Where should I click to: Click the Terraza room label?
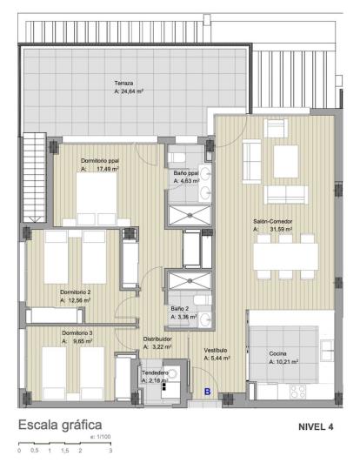(123, 83)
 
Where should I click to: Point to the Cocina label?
(278, 352)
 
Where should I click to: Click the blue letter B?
(207, 393)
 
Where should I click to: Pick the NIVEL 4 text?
(316, 426)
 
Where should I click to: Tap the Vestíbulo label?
(216, 350)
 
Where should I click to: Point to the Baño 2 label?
(179, 309)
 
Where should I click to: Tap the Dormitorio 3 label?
(77, 333)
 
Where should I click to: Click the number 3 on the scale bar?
(110, 452)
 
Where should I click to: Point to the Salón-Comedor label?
(272, 222)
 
